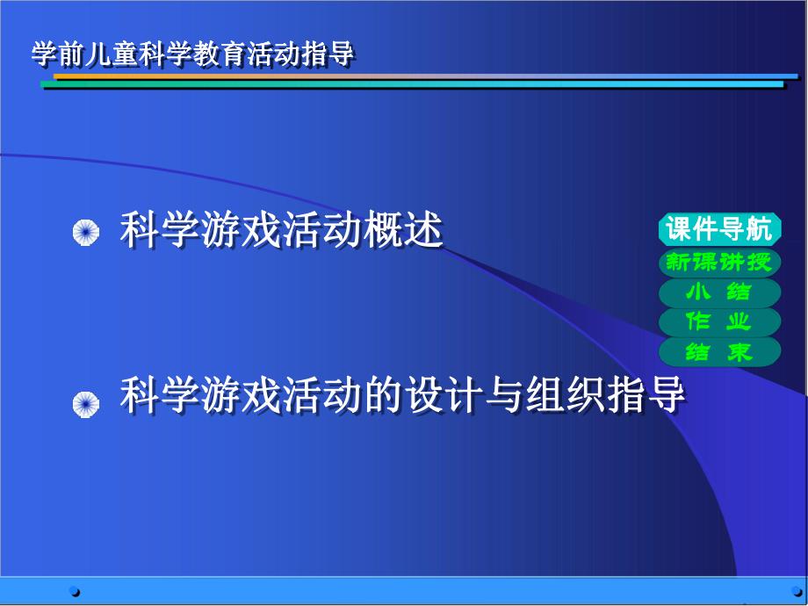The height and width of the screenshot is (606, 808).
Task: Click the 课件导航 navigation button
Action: pyautogui.click(x=719, y=230)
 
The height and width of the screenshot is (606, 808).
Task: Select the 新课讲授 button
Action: pyautogui.click(x=719, y=261)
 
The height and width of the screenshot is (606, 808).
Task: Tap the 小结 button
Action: pyautogui.click(x=719, y=292)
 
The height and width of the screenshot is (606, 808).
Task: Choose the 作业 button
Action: pyautogui.click(x=719, y=321)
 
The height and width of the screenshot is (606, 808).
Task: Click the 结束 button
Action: pyautogui.click(x=719, y=352)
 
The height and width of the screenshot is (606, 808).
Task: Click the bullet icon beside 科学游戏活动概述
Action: pyautogui.click(x=85, y=234)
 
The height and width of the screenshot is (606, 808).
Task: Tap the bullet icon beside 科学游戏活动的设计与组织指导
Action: pyautogui.click(x=85, y=403)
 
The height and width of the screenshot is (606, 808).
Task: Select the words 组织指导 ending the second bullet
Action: pyautogui.click(x=605, y=396)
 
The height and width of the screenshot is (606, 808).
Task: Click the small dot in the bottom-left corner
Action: pyautogui.click(x=75, y=591)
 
